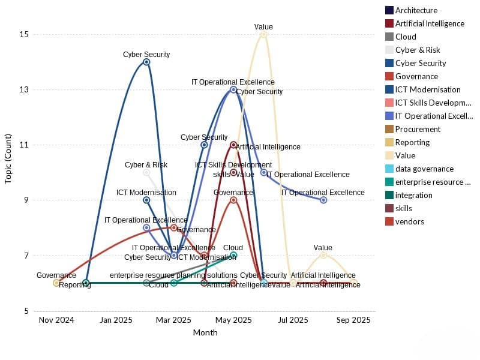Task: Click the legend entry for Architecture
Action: coord(416,10)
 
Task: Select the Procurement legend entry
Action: coord(418,129)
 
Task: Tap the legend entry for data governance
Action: coord(424,169)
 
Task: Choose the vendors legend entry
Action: coord(409,221)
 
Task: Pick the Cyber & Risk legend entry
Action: coord(418,50)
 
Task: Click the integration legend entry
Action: coord(413,195)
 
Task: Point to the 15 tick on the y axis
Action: coord(24,34)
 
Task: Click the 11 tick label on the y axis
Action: coord(24,145)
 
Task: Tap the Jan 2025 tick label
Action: coord(116,320)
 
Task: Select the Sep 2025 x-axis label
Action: coord(353,320)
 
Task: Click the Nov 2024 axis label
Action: coord(56,320)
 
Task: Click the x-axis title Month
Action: coord(205,332)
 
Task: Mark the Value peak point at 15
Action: coord(263,34)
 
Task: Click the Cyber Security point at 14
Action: coord(146,62)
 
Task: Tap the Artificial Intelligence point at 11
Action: coord(233,145)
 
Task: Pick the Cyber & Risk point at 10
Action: coord(146,172)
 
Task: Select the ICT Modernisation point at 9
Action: coord(146,200)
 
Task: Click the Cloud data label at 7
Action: coord(233,248)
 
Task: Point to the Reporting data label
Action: coord(75,285)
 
